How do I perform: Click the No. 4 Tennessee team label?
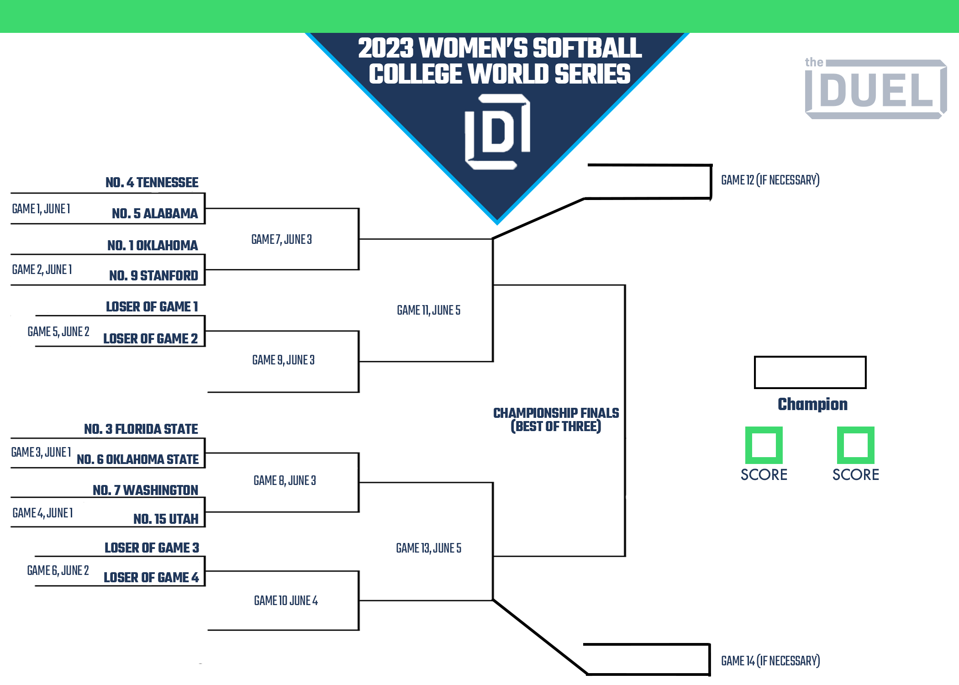click(152, 183)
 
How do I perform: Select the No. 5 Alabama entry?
click(155, 213)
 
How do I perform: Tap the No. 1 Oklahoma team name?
click(153, 246)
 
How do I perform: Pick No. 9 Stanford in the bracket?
click(153, 276)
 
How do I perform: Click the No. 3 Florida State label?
click(141, 429)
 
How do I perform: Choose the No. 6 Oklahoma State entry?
click(137, 459)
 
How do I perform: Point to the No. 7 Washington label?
click(145, 490)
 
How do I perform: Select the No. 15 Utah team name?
click(166, 519)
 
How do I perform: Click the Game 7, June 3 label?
click(281, 239)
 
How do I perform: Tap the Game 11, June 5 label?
click(428, 311)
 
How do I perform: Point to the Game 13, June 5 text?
click(428, 548)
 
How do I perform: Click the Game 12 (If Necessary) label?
click(770, 180)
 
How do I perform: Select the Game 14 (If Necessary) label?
click(770, 661)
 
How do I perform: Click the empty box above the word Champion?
click(810, 372)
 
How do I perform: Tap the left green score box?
click(764, 445)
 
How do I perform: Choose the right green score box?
click(855, 445)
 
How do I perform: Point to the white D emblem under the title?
click(497, 132)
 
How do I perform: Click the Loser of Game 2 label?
click(150, 338)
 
